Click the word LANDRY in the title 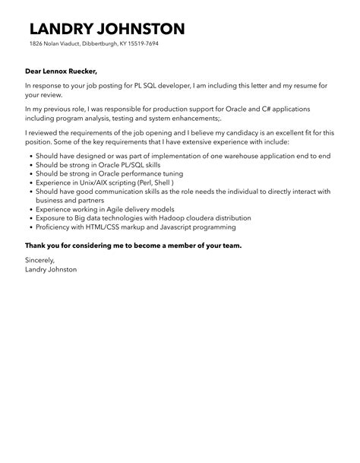click(x=63, y=30)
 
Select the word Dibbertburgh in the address click(x=97, y=44)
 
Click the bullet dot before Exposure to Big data click(x=29, y=218)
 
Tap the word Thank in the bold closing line click(x=36, y=246)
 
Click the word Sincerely click(x=41, y=260)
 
